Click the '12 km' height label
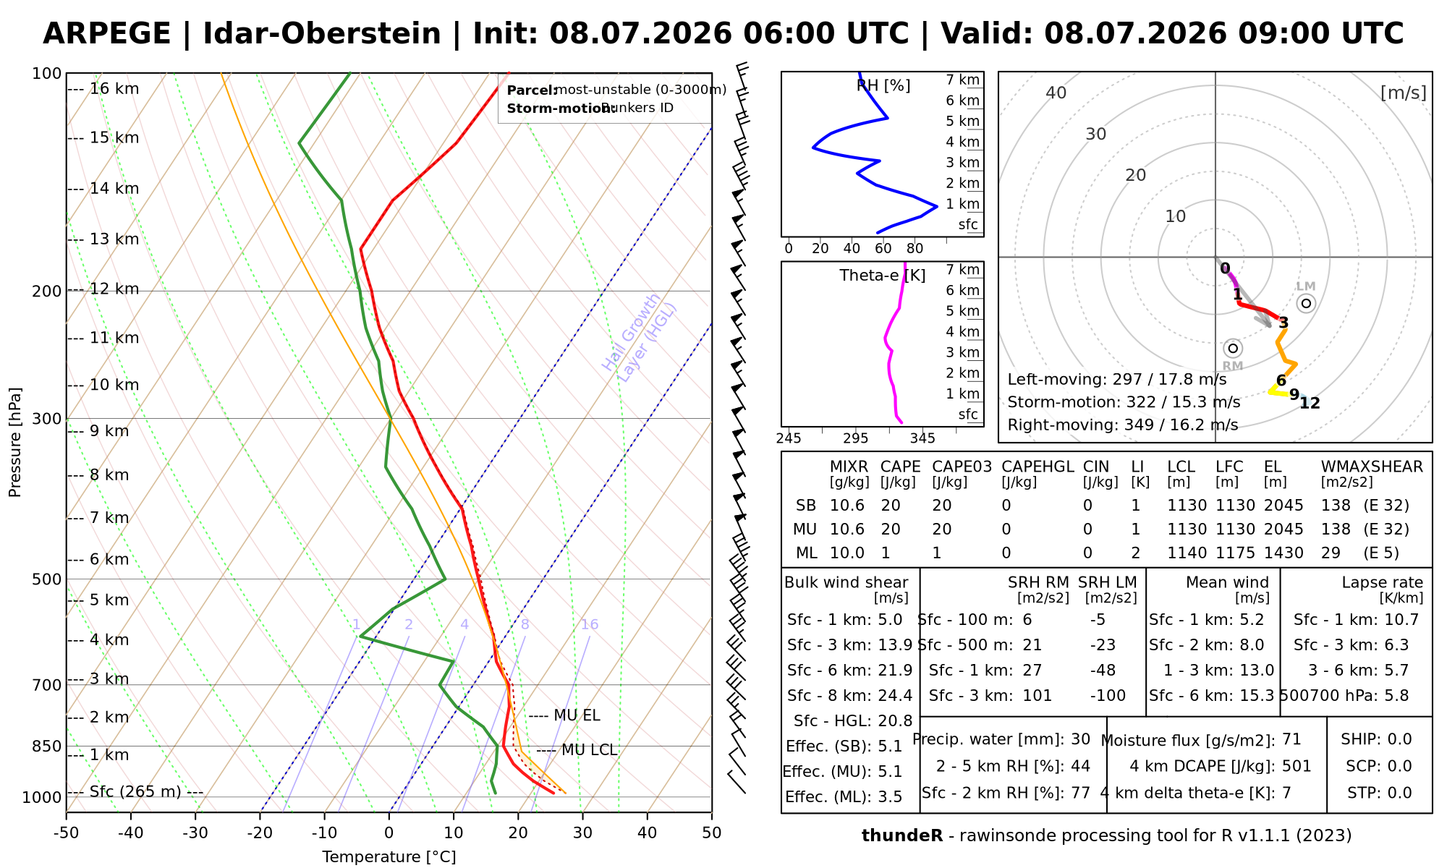point(114,289)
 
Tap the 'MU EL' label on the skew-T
point(577,716)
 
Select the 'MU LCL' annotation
point(589,751)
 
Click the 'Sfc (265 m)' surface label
point(135,792)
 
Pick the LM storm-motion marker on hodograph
point(1306,303)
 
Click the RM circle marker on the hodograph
point(1234,349)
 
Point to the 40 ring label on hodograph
point(1056,93)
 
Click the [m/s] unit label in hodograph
point(1403,93)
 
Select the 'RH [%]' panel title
point(883,86)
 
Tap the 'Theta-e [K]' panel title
point(883,276)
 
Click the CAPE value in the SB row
point(891,506)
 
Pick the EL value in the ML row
point(1283,553)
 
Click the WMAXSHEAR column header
point(1372,467)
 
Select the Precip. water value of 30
point(1080,739)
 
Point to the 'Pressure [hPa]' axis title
point(15,442)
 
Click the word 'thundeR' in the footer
point(902,836)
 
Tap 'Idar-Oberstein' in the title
point(322,34)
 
